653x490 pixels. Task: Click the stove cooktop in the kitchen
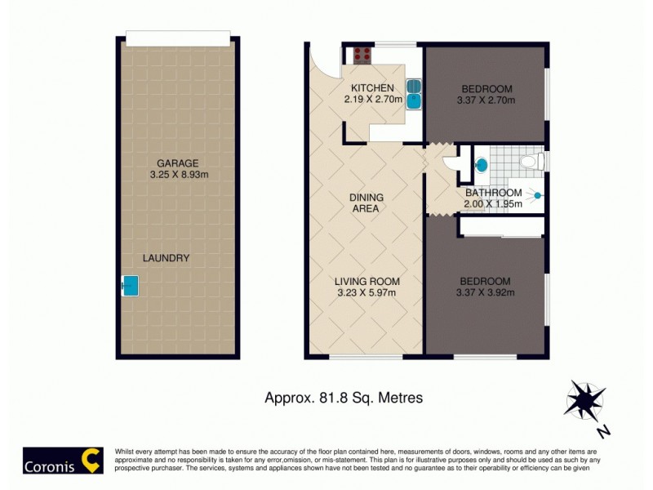pyautogui.click(x=362, y=56)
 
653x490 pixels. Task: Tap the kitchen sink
pyautogui.click(x=414, y=93)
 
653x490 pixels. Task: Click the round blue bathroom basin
pyautogui.click(x=482, y=165)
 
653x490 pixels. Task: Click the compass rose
pyautogui.click(x=586, y=399)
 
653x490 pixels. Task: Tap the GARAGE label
pyautogui.click(x=178, y=163)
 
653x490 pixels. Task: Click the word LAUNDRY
pyautogui.click(x=166, y=258)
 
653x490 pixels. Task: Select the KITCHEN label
pyautogui.click(x=372, y=88)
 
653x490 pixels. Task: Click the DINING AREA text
pyautogui.click(x=366, y=203)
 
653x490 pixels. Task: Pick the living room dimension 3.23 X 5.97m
pyautogui.click(x=366, y=293)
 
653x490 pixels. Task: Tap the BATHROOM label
pyautogui.click(x=493, y=193)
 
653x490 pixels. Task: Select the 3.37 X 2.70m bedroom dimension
pyautogui.click(x=487, y=100)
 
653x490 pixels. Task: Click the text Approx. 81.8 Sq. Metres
pyautogui.click(x=344, y=398)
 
